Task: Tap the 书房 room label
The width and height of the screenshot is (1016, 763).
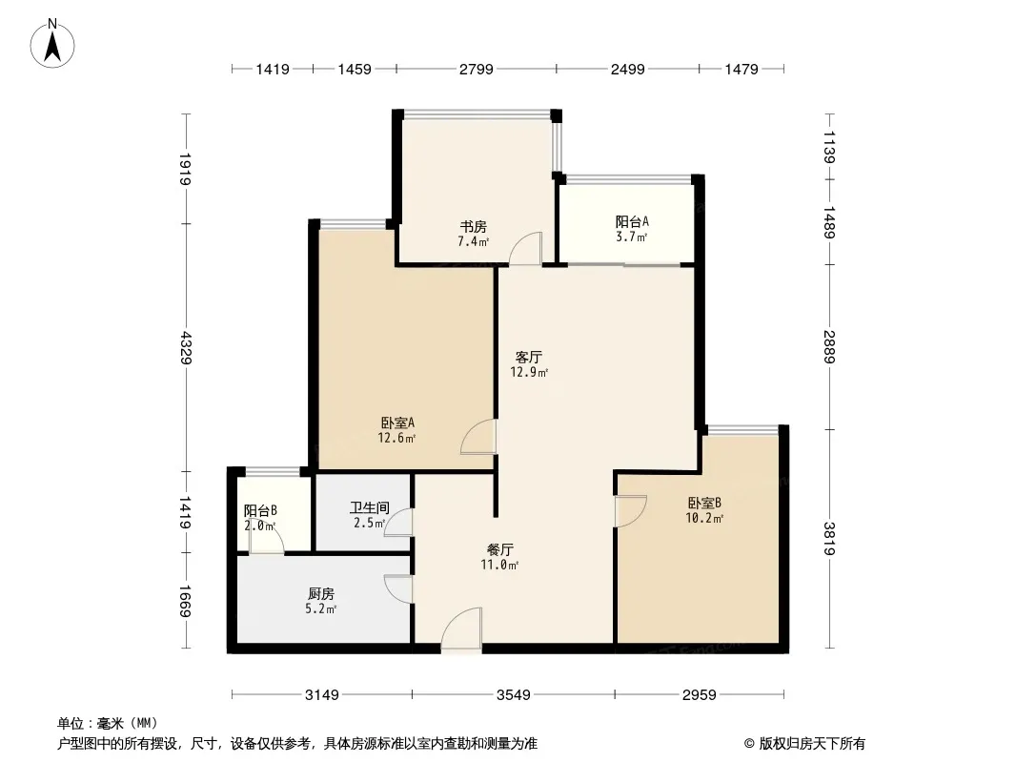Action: (473, 234)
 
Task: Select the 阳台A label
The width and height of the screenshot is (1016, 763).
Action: (632, 229)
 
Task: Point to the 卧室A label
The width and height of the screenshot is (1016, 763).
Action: (396, 430)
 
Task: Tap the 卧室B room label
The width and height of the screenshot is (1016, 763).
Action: (704, 510)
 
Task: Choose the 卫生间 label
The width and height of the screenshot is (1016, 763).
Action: (367, 516)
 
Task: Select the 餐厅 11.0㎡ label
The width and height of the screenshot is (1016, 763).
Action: (501, 557)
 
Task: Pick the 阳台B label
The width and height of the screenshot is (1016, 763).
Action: (259, 518)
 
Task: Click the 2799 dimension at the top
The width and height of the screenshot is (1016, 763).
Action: (476, 69)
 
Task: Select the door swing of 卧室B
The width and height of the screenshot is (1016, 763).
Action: (631, 511)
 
